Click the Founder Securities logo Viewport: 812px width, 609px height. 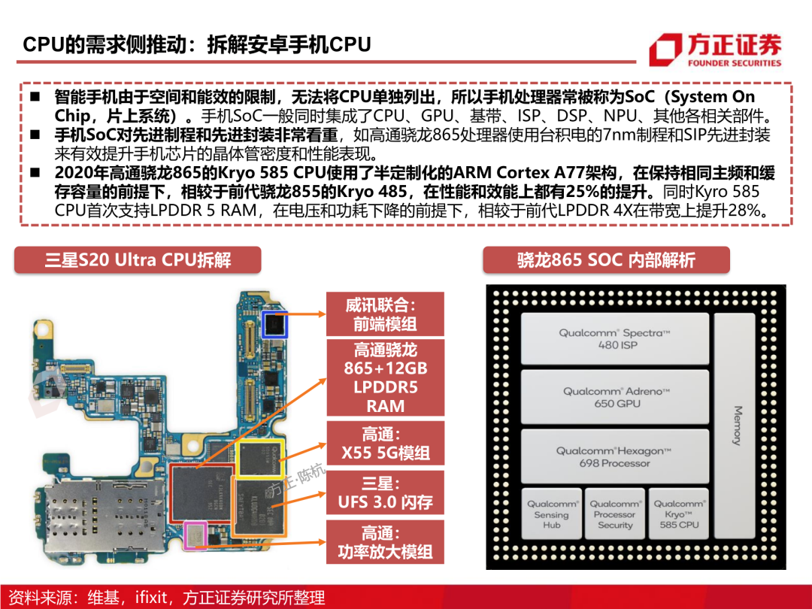click(x=715, y=50)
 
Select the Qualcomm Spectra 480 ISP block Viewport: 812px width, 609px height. click(x=615, y=338)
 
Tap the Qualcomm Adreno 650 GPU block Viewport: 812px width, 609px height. click(x=615, y=397)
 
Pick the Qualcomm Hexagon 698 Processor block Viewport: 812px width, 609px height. click(x=615, y=457)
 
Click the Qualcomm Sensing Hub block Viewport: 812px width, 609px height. click(x=552, y=514)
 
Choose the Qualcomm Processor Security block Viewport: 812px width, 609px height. click(x=615, y=514)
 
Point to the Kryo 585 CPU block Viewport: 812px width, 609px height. click(x=678, y=514)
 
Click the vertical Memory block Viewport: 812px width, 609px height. click(x=735, y=426)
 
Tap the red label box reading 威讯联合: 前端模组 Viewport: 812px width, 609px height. click(x=385, y=314)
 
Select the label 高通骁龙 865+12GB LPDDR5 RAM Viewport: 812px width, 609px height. click(x=385, y=377)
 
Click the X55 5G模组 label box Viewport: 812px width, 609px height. click(x=385, y=444)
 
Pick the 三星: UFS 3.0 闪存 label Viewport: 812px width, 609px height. click(x=385, y=492)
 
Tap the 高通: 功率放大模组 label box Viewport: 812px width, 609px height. click(x=385, y=542)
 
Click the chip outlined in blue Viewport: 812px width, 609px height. click(x=274, y=325)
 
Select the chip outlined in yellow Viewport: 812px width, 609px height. click(x=259, y=459)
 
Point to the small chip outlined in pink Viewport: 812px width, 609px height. click(x=195, y=535)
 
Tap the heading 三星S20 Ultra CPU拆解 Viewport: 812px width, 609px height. click(x=138, y=259)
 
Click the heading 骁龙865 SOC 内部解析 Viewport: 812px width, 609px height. click(x=607, y=259)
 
